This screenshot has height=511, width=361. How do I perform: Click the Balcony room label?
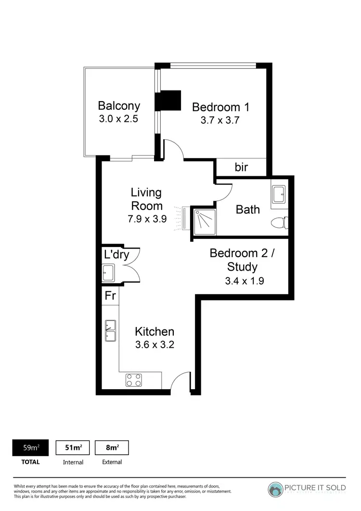[x=119, y=105]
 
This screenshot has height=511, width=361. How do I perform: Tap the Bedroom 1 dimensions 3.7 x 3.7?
[x=220, y=120]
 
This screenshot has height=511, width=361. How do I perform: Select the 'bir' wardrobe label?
[x=241, y=167]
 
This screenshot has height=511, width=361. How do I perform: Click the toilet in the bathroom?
[x=280, y=223]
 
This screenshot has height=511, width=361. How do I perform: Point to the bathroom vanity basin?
[x=279, y=195]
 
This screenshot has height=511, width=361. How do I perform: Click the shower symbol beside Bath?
[x=204, y=221]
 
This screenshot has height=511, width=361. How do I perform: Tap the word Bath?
[x=248, y=210]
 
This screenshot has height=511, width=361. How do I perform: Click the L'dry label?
[x=116, y=254]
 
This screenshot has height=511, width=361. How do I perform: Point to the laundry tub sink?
[x=108, y=273]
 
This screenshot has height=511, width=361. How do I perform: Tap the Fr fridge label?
[x=110, y=295]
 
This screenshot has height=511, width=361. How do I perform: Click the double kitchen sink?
[x=111, y=330]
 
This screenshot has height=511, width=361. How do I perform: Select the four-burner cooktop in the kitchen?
[x=133, y=380]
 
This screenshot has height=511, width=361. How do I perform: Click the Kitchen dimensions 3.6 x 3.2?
[x=154, y=345]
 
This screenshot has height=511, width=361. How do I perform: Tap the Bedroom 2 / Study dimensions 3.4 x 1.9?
[x=245, y=280]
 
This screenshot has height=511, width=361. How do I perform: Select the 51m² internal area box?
[x=73, y=447]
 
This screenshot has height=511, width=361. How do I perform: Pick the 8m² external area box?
[x=112, y=447]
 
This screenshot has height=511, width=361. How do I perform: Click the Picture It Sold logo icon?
[x=276, y=489]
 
